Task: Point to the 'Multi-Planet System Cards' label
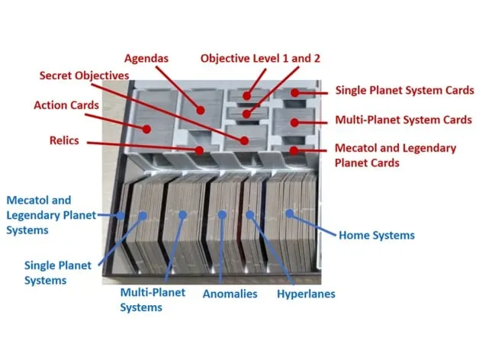[403, 120]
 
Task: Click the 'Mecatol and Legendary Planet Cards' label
[395, 155]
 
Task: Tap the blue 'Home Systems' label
[376, 236]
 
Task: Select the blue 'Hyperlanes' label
[305, 294]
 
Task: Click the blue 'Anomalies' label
[230, 294]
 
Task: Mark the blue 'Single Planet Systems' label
[58, 272]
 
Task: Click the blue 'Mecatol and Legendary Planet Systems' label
[50, 214]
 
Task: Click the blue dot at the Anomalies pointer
[221, 214]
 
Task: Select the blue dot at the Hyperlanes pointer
[249, 214]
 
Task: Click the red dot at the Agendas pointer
[201, 110]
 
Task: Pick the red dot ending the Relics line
[200, 149]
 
